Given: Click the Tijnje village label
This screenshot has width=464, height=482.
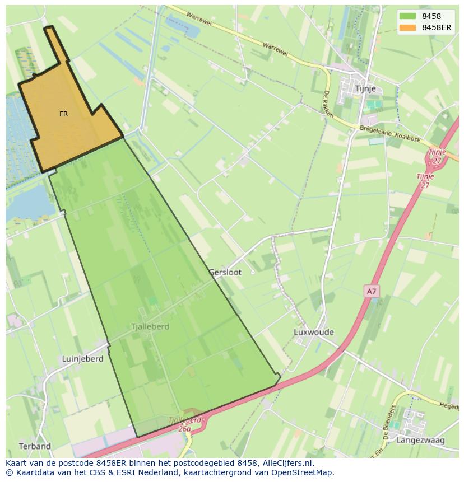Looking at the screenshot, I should tap(368, 89).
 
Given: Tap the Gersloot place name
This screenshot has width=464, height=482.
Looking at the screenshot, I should tap(225, 272).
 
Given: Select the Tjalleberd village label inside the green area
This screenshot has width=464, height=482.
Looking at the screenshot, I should tap(150, 326).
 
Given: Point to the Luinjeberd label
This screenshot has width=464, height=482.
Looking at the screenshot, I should tap(83, 359).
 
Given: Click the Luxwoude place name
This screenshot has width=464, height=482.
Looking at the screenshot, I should tap(313, 332).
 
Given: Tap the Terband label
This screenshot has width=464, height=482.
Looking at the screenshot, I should tap(35, 446).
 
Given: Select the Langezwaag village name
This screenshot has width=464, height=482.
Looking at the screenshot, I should tap(420, 441).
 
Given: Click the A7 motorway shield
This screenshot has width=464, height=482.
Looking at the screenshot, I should tap(371, 291).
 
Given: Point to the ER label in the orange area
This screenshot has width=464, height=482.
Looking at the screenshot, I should tap(64, 114).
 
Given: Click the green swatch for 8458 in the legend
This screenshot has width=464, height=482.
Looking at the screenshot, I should tap(408, 17).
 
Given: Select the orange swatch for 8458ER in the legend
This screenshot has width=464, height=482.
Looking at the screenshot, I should tap(408, 27).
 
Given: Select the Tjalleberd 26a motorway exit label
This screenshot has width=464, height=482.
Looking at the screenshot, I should tap(185, 424).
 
